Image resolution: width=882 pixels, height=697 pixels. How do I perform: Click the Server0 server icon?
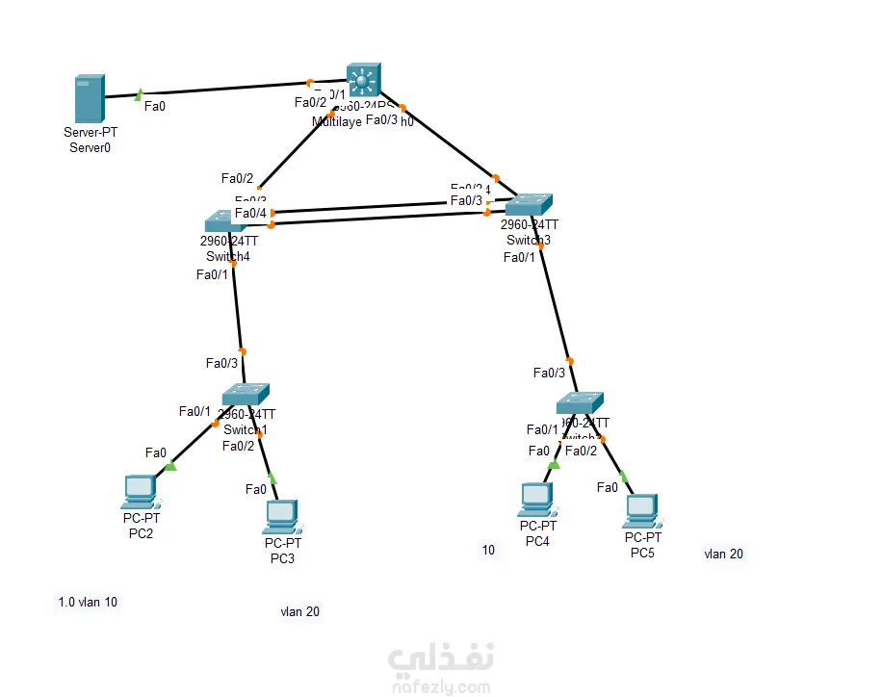point(89,99)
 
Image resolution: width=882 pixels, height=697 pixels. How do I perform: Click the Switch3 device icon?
point(529,204)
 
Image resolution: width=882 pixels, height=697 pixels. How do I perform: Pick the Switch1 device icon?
point(246,395)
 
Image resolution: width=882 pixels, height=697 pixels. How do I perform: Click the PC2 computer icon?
point(141,492)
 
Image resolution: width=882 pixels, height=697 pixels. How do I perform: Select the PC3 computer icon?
point(280,517)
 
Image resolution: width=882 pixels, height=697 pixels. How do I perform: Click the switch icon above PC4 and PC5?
point(580,403)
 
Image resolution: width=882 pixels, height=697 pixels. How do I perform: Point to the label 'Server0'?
point(90,147)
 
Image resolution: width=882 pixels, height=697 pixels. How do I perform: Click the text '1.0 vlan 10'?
point(88,603)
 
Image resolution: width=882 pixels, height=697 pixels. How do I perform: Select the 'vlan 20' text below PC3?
point(300,611)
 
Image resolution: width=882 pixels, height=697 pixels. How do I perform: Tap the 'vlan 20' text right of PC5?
point(723,554)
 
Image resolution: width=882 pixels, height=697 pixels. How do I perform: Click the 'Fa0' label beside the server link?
point(154,106)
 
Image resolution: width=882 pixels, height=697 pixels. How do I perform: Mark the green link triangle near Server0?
point(140,94)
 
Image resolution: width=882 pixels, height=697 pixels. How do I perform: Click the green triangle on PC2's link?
point(170,466)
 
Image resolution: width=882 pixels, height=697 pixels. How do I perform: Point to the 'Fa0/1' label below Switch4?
point(212,274)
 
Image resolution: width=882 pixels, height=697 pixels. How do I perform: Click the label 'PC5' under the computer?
point(642,553)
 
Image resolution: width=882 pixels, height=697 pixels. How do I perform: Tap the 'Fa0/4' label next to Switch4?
point(250,213)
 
